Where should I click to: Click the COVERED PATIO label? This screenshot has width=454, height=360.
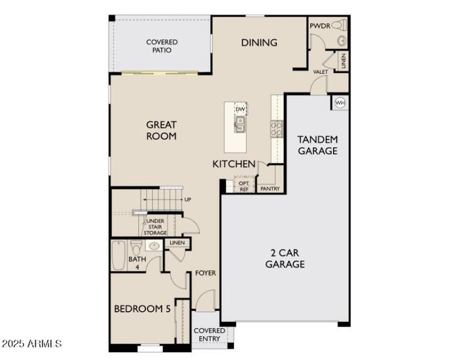[x=162, y=46]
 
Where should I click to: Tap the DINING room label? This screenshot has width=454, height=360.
[x=259, y=43]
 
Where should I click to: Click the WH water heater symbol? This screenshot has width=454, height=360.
[x=340, y=102]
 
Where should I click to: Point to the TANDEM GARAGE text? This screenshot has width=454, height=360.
[x=318, y=145]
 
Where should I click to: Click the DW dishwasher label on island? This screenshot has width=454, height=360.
[x=240, y=109]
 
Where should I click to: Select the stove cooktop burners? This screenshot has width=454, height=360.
[x=276, y=129]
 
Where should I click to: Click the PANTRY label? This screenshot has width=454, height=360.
[x=270, y=189]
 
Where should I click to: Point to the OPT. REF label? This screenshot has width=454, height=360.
[x=244, y=187]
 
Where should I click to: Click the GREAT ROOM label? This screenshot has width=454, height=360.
[x=161, y=130]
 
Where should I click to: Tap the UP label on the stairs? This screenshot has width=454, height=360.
[x=188, y=200]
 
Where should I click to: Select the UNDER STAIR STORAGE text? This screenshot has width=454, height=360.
[x=156, y=227]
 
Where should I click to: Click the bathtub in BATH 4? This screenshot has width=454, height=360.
[x=118, y=256]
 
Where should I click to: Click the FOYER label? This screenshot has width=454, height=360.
[x=205, y=273]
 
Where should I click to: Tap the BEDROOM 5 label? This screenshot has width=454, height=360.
[x=142, y=309]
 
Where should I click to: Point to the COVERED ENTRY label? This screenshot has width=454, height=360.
[x=209, y=334]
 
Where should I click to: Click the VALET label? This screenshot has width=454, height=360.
[x=320, y=72]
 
